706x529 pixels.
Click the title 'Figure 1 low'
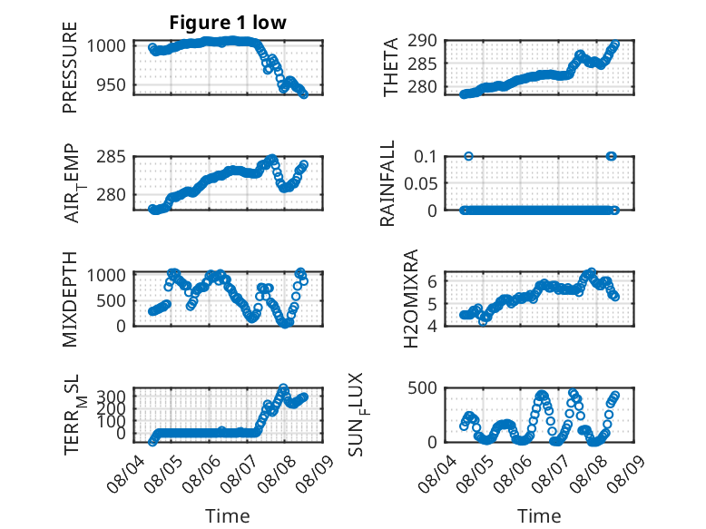click(228, 23)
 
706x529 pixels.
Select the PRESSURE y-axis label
click(70, 67)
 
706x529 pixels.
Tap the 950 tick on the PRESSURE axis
click(112, 84)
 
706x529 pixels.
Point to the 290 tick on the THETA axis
click(422, 41)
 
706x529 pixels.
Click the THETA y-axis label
click(391, 67)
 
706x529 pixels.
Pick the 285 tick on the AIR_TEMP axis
click(112, 157)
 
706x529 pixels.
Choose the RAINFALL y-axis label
click(387, 183)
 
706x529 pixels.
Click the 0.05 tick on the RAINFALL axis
click(420, 183)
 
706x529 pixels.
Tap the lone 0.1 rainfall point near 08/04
click(468, 156)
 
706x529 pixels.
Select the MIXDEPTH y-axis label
click(70, 299)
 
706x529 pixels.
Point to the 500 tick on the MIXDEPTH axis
click(112, 300)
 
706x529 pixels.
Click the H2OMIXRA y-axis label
click(411, 299)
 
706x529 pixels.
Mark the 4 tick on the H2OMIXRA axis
click(432, 326)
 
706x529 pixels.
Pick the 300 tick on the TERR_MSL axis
click(112, 397)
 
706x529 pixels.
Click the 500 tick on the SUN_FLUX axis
click(422, 387)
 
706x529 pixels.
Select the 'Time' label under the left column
click(228, 515)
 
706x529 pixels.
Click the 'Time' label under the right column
click(539, 515)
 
